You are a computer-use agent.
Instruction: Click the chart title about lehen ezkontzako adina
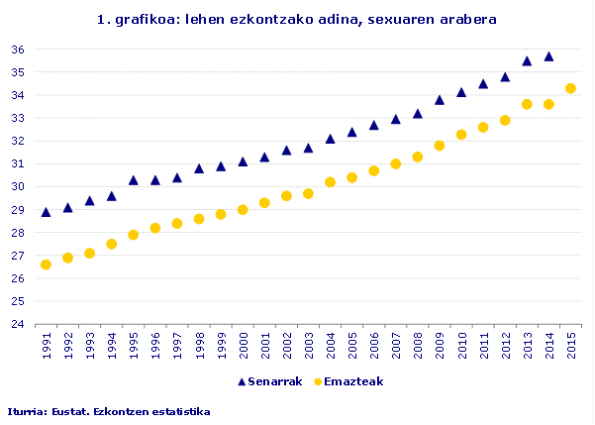(x=297, y=19)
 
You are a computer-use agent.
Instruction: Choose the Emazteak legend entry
(x=348, y=381)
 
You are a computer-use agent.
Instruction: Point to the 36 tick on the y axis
(x=18, y=50)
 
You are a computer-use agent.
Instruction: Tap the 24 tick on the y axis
(x=18, y=324)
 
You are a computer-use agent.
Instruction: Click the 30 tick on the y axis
(x=18, y=186)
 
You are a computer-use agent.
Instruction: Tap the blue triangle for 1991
(x=46, y=212)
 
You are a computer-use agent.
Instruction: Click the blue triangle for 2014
(x=548, y=56)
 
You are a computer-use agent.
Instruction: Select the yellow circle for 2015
(x=570, y=88)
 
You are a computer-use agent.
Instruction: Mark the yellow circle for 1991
(x=46, y=265)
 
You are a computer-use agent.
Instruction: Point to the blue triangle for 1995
(x=133, y=180)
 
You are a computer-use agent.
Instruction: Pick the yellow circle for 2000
(x=243, y=210)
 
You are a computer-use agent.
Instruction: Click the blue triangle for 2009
(x=440, y=100)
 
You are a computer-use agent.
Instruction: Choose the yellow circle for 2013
(x=527, y=104)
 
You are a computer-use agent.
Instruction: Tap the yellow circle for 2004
(x=330, y=182)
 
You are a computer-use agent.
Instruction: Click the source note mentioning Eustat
(x=109, y=410)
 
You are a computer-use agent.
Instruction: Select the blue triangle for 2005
(x=351, y=132)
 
